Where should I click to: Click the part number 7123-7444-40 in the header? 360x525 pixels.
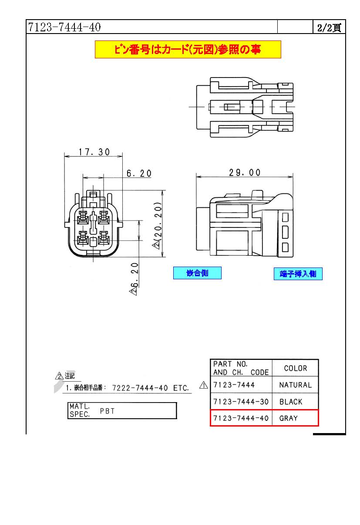[64, 27]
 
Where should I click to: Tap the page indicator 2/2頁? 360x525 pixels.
[329, 28]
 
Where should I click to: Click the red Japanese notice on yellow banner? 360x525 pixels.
[188, 50]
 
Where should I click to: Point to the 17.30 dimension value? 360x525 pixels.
[94, 152]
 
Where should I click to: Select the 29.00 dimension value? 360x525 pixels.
[245, 173]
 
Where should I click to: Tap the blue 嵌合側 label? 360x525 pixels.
[197, 273]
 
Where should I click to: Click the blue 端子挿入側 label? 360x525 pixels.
[298, 274]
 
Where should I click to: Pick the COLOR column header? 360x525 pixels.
[295, 368]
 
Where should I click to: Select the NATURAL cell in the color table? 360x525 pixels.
[295, 385]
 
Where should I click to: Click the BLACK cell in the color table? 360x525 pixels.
[291, 402]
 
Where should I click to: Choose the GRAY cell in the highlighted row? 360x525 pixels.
[288, 418]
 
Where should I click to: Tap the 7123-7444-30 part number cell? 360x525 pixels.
[240, 402]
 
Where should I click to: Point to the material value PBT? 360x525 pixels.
[107, 411]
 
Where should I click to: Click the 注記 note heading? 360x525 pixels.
[70, 376]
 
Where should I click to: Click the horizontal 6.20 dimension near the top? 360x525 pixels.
[139, 173]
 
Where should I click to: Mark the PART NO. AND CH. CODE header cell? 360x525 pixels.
[241, 368]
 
